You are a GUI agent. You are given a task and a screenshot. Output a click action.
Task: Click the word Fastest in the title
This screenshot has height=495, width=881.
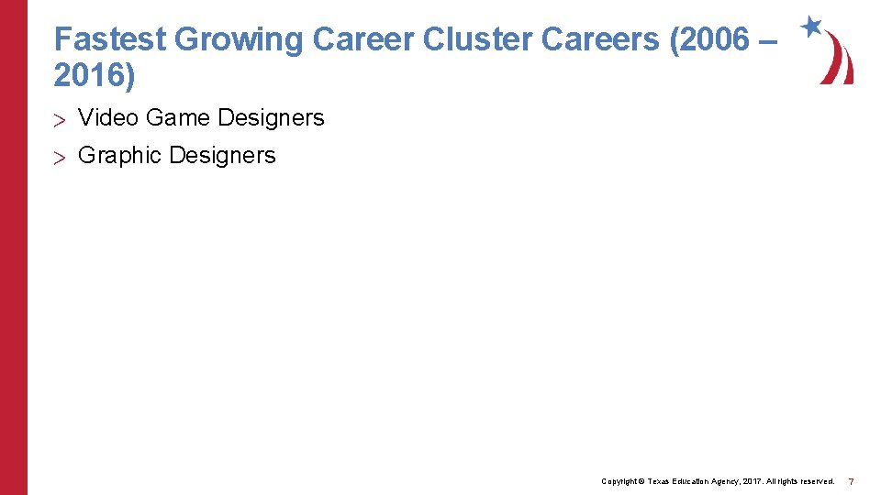[x=110, y=39]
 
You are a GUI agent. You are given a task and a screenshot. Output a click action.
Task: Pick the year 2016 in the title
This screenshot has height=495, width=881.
[x=89, y=76]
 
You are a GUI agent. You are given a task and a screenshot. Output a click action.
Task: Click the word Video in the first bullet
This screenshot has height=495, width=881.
[x=108, y=118]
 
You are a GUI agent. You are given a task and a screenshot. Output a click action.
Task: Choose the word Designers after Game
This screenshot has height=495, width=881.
[x=271, y=118]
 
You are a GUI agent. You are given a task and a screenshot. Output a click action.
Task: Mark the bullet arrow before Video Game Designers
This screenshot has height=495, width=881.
[x=61, y=119]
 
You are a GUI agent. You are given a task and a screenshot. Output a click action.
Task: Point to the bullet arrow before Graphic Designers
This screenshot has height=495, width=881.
[x=61, y=157]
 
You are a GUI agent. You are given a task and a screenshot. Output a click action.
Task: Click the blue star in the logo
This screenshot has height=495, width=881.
[x=811, y=27]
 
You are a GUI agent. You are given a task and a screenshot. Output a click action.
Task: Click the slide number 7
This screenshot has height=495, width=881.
[x=852, y=481]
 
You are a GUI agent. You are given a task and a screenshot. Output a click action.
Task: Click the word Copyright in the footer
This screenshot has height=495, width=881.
[x=619, y=481]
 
